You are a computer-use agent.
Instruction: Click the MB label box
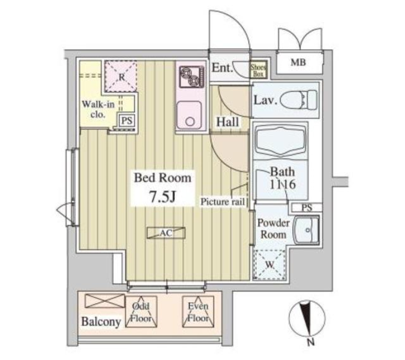[298, 63]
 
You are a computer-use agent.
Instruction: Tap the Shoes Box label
[258, 70]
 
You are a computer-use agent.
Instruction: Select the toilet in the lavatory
[298, 99]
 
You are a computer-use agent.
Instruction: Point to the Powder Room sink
[306, 230]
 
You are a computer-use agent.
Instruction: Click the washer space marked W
[269, 264]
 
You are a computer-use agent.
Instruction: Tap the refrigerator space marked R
[121, 76]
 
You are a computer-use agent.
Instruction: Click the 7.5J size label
[163, 197]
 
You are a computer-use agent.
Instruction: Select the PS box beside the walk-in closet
[127, 121]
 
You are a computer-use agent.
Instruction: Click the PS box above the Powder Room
[307, 207]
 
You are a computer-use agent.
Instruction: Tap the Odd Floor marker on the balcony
[142, 312]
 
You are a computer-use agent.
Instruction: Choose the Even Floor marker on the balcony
[198, 312]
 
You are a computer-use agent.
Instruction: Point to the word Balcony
[101, 322]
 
